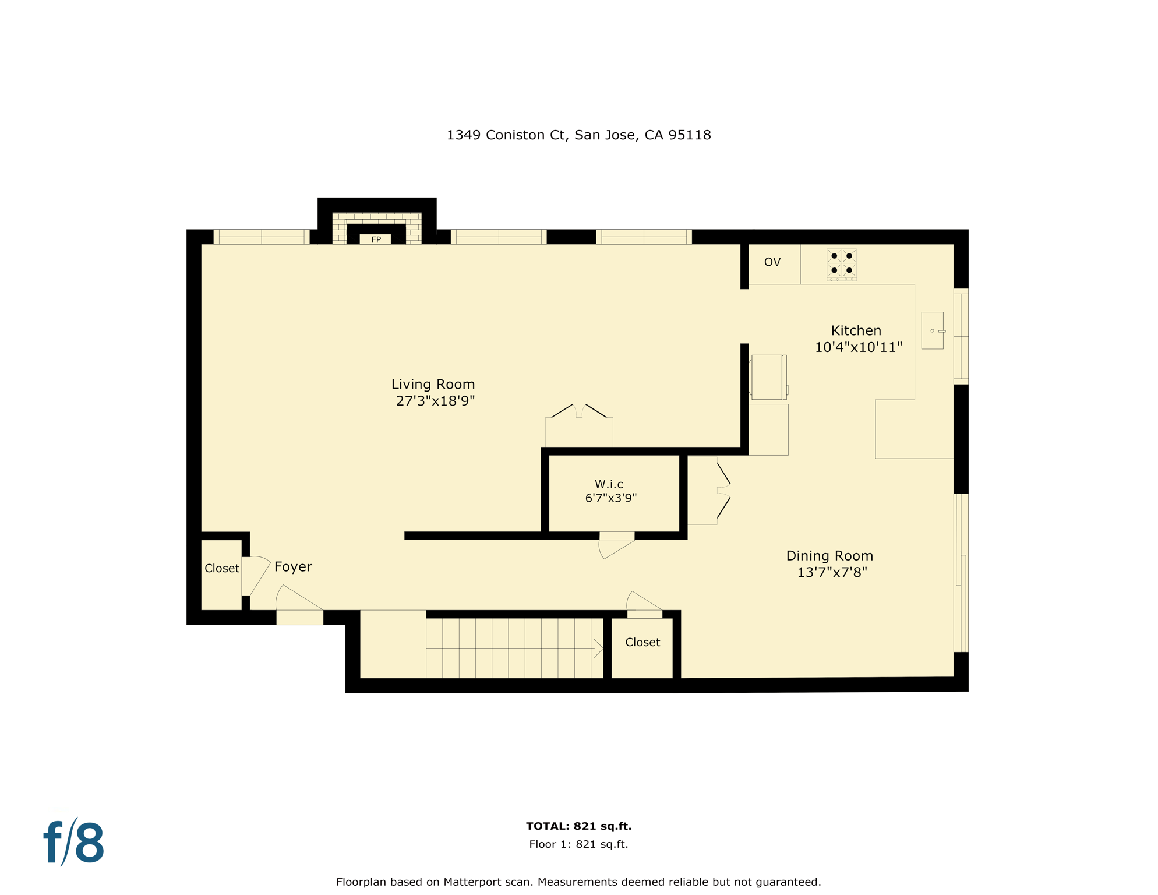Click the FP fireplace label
click(x=376, y=239)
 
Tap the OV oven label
click(x=772, y=262)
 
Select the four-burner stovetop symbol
click(x=841, y=263)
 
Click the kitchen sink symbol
click(x=932, y=330)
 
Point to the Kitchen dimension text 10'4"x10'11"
click(x=858, y=347)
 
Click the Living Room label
click(x=433, y=385)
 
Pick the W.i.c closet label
click(x=609, y=484)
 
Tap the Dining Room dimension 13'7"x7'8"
click(x=831, y=572)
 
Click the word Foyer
click(x=293, y=567)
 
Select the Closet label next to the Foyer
click(x=221, y=568)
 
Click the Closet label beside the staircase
click(x=642, y=642)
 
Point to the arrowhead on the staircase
click(x=598, y=648)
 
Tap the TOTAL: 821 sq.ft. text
click(x=578, y=826)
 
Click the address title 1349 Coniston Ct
click(x=578, y=135)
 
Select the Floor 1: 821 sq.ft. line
click(x=578, y=844)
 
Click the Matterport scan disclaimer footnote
click(x=578, y=882)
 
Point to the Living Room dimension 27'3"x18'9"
click(x=435, y=401)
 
